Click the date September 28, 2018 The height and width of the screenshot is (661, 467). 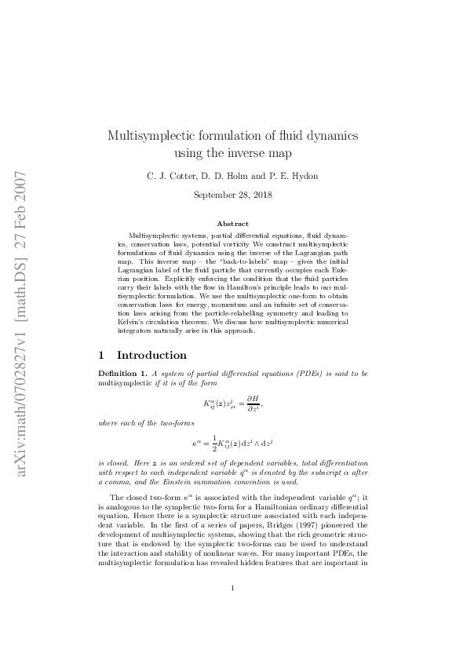pyautogui.click(x=232, y=195)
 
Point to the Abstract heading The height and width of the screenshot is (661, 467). pyautogui.click(x=232, y=224)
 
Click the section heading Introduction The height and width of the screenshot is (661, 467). pyautogui.click(x=151, y=355)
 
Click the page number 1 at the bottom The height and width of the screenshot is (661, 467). pyautogui.click(x=233, y=609)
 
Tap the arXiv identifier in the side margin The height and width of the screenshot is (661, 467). pyautogui.click(x=22, y=322)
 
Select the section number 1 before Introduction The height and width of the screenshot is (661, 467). pyautogui.click(x=101, y=355)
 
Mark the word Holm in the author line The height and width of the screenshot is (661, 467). pyautogui.click(x=239, y=175)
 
